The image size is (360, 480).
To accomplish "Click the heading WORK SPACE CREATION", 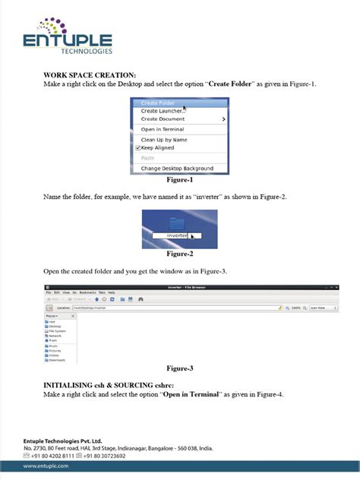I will click(x=90, y=75).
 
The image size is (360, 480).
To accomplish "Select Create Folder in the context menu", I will click(x=158, y=103).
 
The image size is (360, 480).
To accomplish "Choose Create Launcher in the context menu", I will click(x=162, y=111).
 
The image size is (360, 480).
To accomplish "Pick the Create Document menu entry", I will click(x=163, y=119).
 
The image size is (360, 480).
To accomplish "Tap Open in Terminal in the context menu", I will click(x=162, y=129).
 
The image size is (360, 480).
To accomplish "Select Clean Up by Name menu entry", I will click(x=163, y=140).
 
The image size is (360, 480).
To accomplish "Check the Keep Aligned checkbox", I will click(x=138, y=148).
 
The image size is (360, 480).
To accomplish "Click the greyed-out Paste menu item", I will click(x=147, y=158).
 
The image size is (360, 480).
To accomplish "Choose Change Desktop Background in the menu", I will click(x=176, y=168).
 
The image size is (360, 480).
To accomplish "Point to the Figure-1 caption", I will click(x=179, y=180).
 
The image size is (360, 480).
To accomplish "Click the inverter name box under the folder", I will click(x=178, y=236).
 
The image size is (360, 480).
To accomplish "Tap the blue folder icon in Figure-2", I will click(x=178, y=223).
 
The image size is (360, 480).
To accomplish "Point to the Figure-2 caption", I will click(x=179, y=254).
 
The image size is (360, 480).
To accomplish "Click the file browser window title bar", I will click(x=191, y=287).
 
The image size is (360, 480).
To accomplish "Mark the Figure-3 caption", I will click(x=179, y=368).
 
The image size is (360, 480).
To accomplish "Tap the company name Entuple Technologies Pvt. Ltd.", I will click(x=62, y=440).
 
